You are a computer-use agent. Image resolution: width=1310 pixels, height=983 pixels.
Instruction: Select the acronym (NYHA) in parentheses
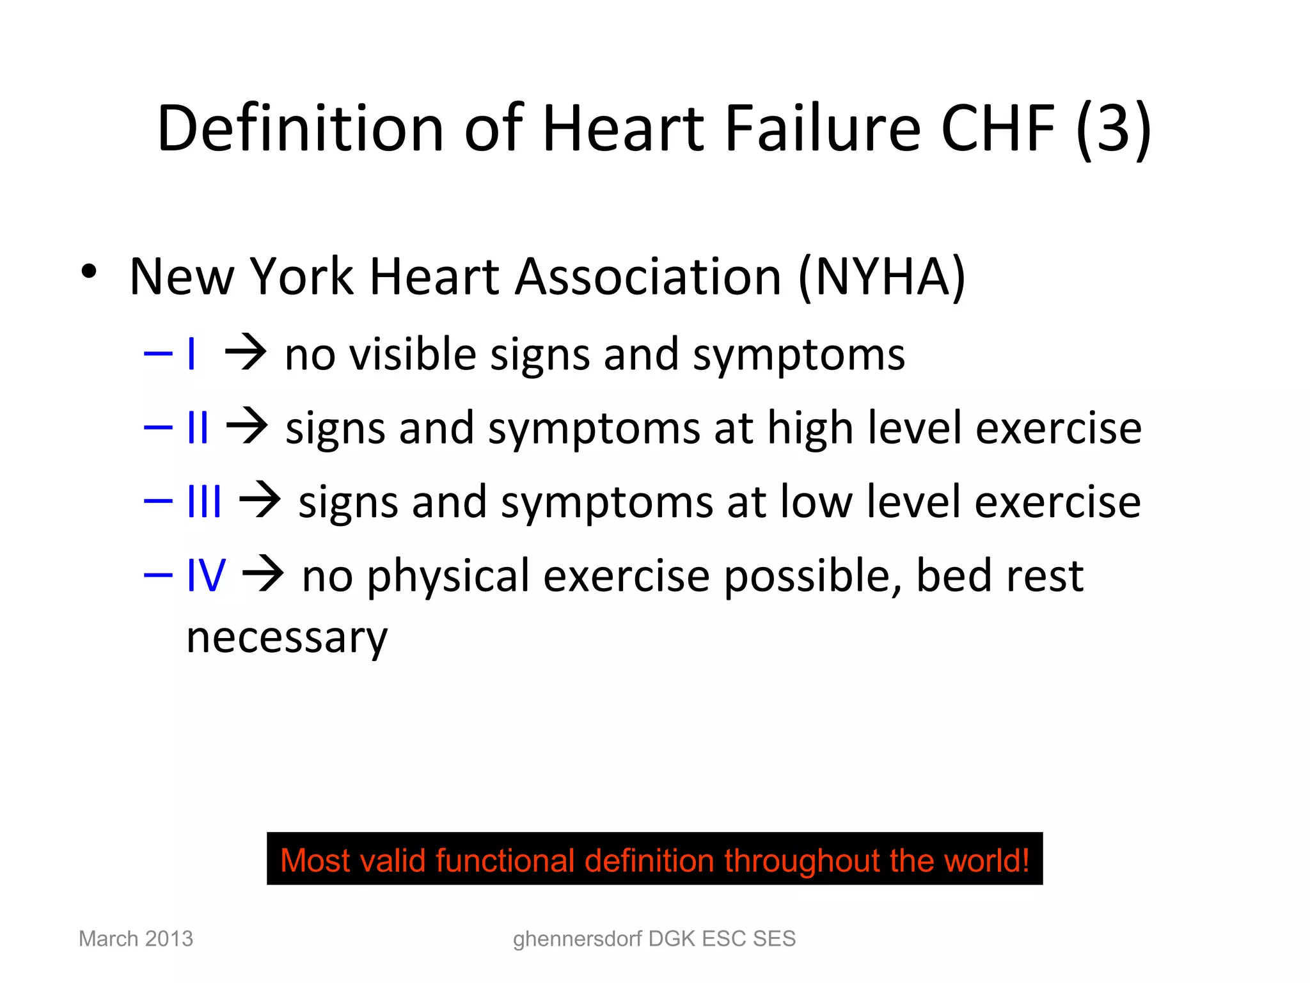click(881, 276)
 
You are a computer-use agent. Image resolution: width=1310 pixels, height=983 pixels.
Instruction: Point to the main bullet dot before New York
click(89, 271)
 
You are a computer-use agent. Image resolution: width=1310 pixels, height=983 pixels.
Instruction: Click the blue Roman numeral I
click(191, 354)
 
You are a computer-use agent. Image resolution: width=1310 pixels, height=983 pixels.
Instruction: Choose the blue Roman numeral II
click(198, 428)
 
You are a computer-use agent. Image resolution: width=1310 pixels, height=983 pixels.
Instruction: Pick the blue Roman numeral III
click(204, 501)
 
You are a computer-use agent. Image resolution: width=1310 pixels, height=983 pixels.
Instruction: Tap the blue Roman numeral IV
click(205, 575)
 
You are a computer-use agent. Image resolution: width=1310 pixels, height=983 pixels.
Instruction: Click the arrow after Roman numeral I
click(245, 354)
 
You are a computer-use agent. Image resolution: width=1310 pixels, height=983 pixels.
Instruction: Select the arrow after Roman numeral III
click(260, 501)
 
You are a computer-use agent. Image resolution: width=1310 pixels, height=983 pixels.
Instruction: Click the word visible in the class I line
click(413, 354)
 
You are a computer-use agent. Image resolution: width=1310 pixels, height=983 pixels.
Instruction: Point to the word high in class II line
click(810, 428)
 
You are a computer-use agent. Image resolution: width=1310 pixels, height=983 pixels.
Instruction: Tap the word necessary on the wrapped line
click(287, 637)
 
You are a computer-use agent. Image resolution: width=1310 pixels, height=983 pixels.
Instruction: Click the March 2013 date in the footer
click(136, 938)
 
